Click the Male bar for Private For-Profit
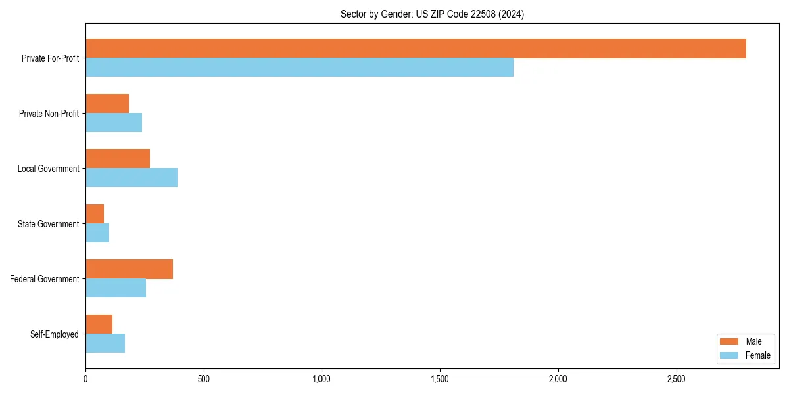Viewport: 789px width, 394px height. click(416, 49)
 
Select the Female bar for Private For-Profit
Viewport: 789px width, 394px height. click(299, 68)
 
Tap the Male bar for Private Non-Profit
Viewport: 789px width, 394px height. click(107, 104)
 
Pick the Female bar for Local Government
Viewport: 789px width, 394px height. click(131, 178)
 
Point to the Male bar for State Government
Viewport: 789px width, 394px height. click(95, 214)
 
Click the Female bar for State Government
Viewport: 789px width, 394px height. click(97, 233)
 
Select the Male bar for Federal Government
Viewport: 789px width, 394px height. click(129, 269)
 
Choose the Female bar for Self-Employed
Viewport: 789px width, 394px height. click(105, 343)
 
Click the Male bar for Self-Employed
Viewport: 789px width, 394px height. click(99, 324)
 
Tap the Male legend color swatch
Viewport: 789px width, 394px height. click(729, 341)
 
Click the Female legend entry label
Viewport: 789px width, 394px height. click(757, 355)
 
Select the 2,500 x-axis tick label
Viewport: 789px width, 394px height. click(676, 379)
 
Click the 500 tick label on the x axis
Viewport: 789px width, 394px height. click(204, 379)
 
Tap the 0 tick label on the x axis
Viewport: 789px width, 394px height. click(85, 379)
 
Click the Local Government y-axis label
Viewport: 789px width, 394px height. click(48, 169)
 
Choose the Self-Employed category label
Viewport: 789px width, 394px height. click(55, 334)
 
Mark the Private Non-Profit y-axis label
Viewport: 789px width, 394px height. click(49, 114)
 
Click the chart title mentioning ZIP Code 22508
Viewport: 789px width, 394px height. click(432, 14)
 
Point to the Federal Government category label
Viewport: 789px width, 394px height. click(45, 279)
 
